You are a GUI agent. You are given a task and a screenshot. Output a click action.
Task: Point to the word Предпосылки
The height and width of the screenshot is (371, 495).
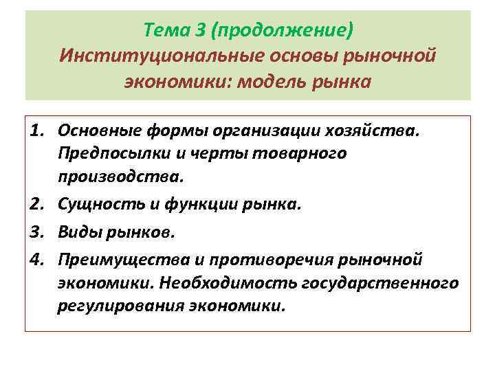coord(107,153)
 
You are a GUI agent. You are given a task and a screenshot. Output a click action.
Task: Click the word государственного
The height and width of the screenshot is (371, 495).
coord(390,282)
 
